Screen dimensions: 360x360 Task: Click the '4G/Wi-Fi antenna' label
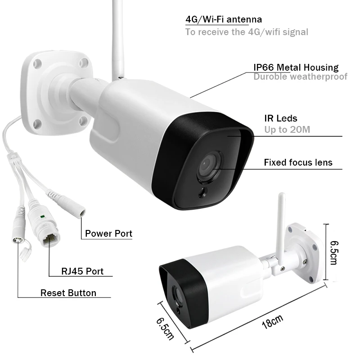[x=224, y=19]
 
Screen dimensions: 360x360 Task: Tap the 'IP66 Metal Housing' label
[x=296, y=67]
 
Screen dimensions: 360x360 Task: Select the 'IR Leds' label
[x=280, y=118]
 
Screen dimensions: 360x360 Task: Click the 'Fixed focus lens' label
[x=298, y=162]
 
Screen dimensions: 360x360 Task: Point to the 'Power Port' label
[x=108, y=233]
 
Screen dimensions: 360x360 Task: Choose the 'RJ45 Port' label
[x=82, y=271]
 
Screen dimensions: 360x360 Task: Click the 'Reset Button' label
[x=68, y=293]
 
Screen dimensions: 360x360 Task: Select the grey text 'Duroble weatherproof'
[x=300, y=76]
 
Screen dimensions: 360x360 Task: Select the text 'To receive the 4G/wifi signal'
[x=247, y=31]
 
